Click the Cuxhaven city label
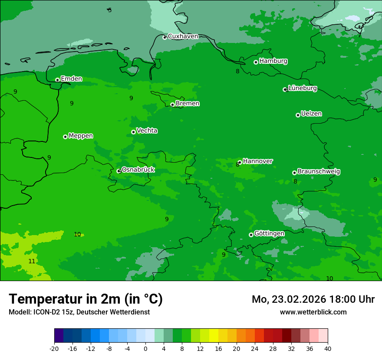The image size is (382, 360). (183, 36)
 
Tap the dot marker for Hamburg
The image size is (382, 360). (256, 62)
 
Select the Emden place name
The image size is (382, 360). (71, 79)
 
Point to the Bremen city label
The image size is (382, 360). (187, 104)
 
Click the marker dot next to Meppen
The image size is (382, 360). (66, 137)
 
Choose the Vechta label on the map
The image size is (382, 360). (147, 131)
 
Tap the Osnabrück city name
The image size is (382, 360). (138, 170)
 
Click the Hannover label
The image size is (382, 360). (257, 161)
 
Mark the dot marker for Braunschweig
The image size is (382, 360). (294, 173)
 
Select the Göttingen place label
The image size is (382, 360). (269, 234)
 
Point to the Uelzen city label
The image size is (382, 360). (311, 114)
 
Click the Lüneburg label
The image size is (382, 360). (302, 88)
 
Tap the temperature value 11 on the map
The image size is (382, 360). (32, 261)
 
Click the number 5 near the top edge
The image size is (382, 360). (110, 10)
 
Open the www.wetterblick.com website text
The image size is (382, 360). (313, 312)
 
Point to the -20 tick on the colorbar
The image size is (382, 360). (54, 348)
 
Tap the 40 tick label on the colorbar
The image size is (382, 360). (328, 348)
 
